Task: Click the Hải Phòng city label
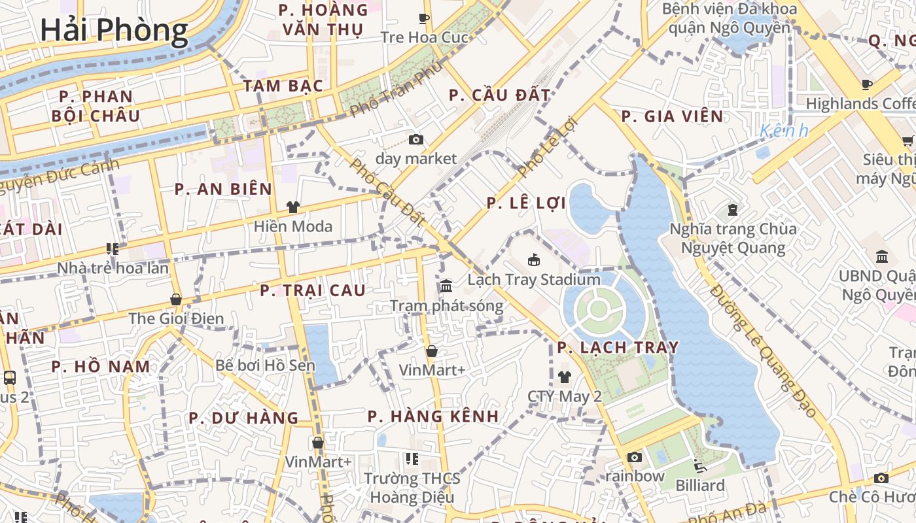(x=114, y=30)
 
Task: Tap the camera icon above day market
(x=415, y=139)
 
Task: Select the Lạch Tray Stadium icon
(x=534, y=260)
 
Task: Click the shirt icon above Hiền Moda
(x=292, y=207)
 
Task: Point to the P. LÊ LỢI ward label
(x=526, y=203)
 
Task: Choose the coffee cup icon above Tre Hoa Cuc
(x=424, y=18)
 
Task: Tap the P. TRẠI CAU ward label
(x=313, y=290)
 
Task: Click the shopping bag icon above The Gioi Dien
(x=175, y=299)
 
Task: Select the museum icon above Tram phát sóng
(x=446, y=286)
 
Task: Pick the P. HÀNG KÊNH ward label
(x=433, y=416)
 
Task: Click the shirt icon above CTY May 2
(x=564, y=377)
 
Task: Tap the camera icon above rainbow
(x=634, y=457)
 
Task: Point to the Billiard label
(x=700, y=486)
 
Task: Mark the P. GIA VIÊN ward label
(x=672, y=117)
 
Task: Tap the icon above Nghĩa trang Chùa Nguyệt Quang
(x=732, y=210)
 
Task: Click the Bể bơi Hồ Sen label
(x=265, y=365)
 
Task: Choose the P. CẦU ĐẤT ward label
(x=499, y=95)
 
